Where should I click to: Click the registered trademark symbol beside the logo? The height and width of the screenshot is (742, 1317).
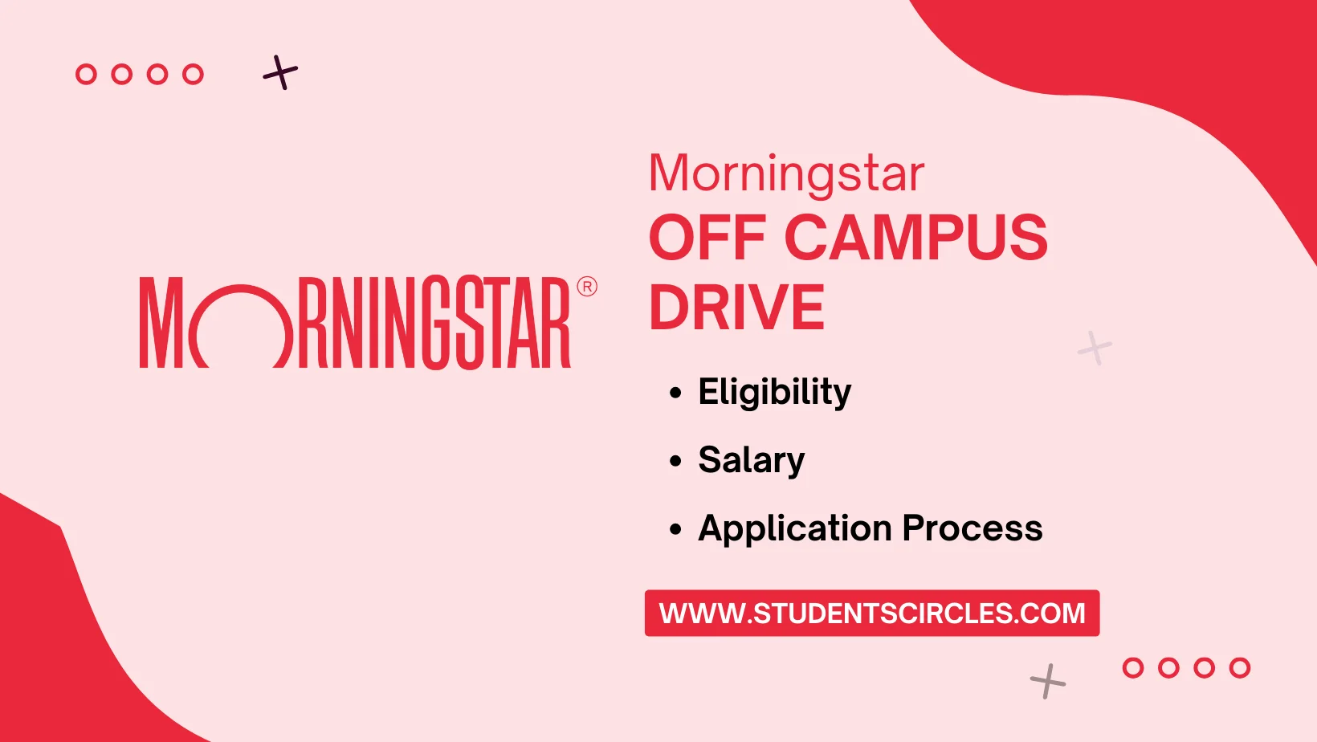point(587,287)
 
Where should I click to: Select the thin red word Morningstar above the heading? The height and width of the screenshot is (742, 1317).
point(786,173)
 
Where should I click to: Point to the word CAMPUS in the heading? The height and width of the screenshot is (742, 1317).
point(915,238)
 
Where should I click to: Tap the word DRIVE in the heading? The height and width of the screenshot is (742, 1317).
point(736,308)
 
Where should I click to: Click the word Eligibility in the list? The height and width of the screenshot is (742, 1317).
point(774,393)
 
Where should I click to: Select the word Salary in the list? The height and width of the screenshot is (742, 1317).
point(751,460)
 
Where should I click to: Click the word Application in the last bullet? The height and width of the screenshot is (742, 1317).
point(795,528)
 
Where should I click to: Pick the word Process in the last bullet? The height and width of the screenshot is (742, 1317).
point(972,528)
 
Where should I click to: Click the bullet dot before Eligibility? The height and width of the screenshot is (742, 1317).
point(675,393)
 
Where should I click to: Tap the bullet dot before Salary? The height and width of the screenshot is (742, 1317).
point(675,461)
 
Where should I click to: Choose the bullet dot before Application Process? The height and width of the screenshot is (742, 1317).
point(675,529)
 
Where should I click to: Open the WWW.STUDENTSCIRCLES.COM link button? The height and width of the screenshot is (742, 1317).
point(871,614)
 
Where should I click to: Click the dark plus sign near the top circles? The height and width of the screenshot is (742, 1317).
point(280,73)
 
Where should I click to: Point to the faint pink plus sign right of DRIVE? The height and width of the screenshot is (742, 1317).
point(1095,348)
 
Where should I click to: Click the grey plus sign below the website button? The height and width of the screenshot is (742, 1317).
point(1047,682)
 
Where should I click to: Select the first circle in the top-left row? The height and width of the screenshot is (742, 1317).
point(86,75)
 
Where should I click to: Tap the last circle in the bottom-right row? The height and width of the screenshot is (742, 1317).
point(1240,668)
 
